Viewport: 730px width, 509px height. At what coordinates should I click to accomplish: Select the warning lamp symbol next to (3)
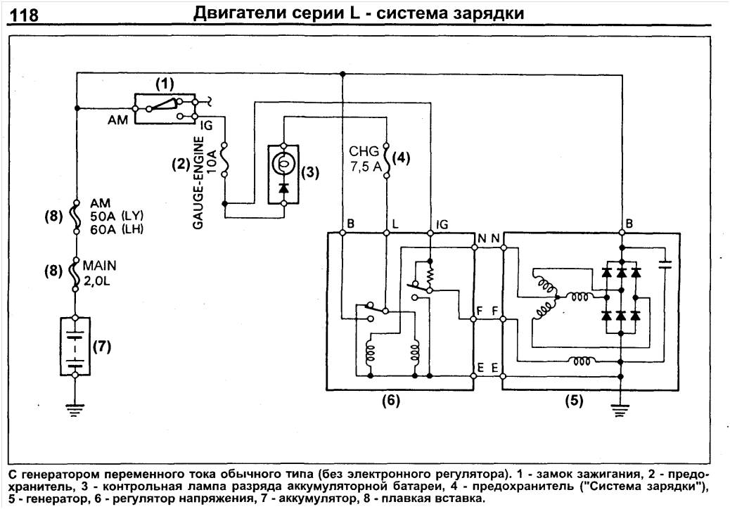(283, 164)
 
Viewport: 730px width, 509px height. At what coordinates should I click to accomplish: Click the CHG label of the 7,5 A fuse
(368, 150)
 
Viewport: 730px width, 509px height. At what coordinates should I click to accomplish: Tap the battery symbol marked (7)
(75, 347)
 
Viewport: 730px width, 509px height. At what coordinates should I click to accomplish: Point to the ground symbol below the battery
(75, 409)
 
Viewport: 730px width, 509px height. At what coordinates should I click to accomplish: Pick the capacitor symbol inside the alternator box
(665, 265)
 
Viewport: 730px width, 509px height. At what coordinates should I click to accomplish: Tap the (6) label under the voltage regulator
(391, 401)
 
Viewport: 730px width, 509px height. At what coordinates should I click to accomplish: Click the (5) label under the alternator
(576, 401)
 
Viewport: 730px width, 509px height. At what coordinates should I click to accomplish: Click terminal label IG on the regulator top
(442, 224)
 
